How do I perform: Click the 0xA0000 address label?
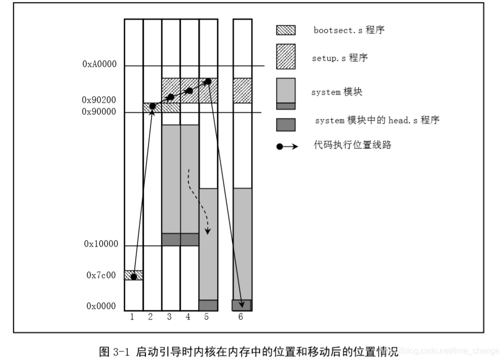[99, 65]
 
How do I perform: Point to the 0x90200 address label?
[99, 101]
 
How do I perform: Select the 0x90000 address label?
[99, 112]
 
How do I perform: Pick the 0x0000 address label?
[101, 306]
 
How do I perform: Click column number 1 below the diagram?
[132, 317]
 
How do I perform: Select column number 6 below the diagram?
[241, 317]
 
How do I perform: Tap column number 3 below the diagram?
[169, 317]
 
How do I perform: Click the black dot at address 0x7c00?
[133, 276]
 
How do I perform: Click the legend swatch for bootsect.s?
[286, 30]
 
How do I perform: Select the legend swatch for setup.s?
[286, 56]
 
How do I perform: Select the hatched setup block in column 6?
[242, 90]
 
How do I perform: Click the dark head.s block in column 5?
[208, 305]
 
